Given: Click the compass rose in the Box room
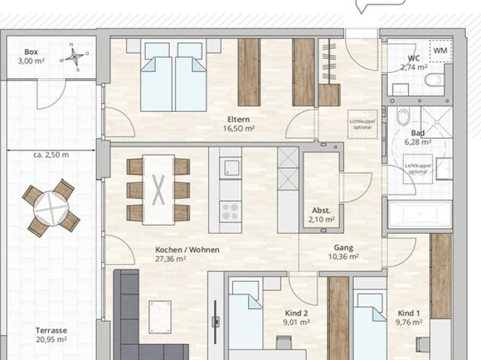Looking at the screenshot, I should [76, 57].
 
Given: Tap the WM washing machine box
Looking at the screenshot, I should [439, 52].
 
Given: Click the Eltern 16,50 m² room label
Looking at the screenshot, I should [239, 124].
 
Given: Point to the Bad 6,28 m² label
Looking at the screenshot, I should [417, 137].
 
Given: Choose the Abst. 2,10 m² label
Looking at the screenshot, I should [322, 215].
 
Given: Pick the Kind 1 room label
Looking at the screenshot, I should [408, 318].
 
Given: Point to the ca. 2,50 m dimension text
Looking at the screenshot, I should [51, 156].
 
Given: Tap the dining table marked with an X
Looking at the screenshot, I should [159, 189].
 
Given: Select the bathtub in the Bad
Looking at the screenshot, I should [420, 213].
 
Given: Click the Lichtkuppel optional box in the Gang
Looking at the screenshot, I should [362, 123].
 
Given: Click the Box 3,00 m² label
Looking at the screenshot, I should [31, 56].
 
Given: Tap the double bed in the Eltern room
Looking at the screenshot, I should [174, 76].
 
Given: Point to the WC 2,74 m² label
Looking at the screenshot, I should [414, 62].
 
